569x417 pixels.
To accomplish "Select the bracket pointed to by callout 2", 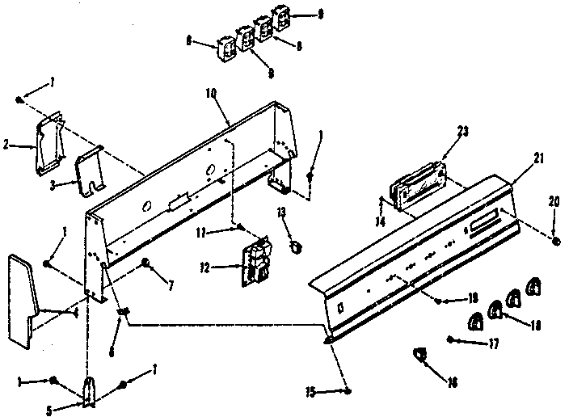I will pyautogui.click(x=50, y=143).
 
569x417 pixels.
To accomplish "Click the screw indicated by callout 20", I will pyautogui.click(x=556, y=242).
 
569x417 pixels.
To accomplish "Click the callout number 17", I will pyautogui.click(x=494, y=343).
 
